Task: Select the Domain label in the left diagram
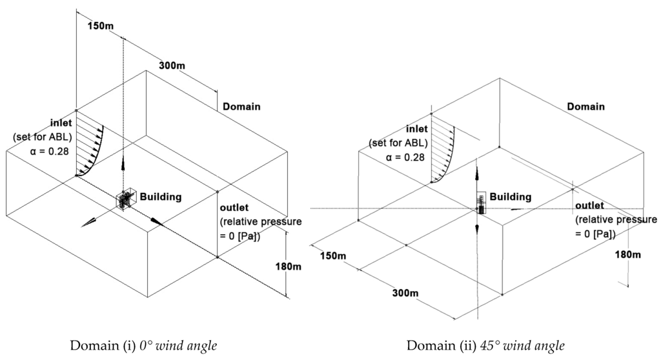(x=241, y=106)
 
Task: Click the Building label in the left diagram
(x=161, y=197)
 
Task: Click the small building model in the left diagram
(x=123, y=200)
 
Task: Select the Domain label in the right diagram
(x=585, y=106)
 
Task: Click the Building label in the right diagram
(x=510, y=197)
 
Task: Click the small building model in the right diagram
(x=481, y=203)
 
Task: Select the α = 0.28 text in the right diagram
(x=403, y=156)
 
